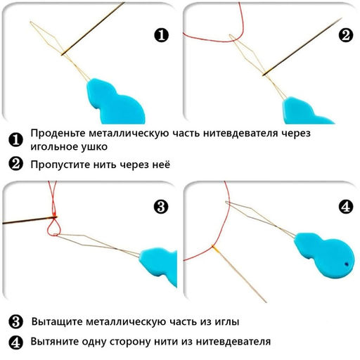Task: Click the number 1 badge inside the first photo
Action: click(x=161, y=34)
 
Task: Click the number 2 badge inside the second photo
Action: click(x=345, y=34)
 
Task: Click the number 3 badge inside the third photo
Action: click(x=161, y=206)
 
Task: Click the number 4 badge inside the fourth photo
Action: click(x=345, y=207)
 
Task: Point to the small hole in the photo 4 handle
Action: click(x=347, y=263)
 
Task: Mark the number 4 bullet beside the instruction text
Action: click(x=15, y=342)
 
